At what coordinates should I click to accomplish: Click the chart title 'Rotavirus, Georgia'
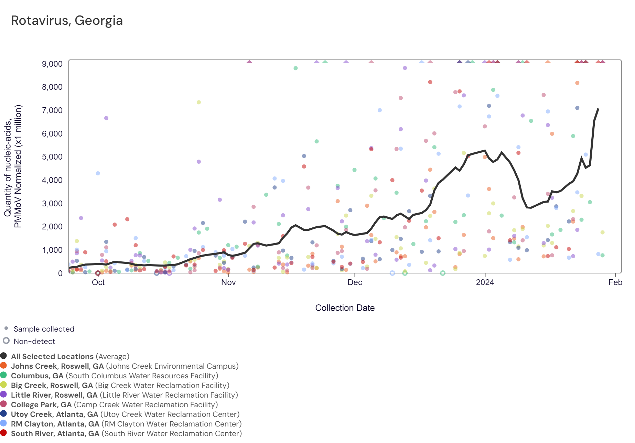(x=67, y=21)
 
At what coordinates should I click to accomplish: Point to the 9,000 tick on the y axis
(x=52, y=64)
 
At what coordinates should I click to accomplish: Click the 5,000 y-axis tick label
(x=52, y=157)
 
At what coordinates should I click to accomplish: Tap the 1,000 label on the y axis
(x=52, y=250)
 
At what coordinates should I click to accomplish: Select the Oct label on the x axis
(x=98, y=282)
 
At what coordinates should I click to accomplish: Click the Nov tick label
(x=228, y=282)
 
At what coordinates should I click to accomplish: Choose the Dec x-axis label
(x=355, y=282)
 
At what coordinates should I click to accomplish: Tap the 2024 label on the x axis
(x=485, y=282)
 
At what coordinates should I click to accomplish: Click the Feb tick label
(x=615, y=282)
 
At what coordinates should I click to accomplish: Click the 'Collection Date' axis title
(x=345, y=308)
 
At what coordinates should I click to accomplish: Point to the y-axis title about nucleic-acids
(x=13, y=166)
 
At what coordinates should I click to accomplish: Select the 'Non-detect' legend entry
(x=34, y=341)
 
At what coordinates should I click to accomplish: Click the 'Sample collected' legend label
(x=44, y=329)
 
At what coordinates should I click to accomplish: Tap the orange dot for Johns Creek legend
(x=4, y=366)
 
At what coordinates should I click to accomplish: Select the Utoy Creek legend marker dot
(x=4, y=414)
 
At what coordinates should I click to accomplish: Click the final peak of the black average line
(x=598, y=109)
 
